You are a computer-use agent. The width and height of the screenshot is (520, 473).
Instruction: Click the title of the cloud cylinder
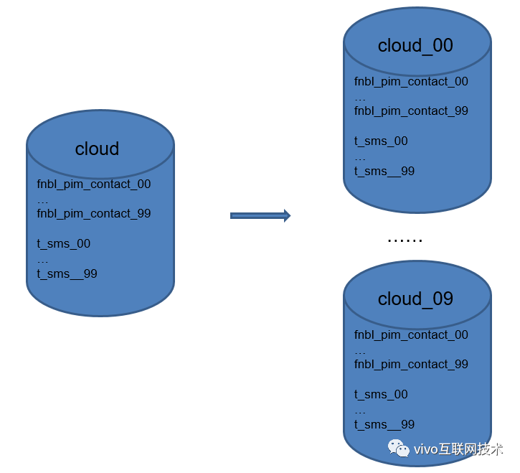[x=97, y=149]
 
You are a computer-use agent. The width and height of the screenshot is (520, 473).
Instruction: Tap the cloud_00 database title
[x=415, y=45]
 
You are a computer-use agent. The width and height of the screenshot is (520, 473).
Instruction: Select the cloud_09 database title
[x=415, y=299]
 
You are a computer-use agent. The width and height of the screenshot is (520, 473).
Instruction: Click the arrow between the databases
[x=260, y=215]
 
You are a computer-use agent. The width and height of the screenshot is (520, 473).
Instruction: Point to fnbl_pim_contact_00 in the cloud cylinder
[x=94, y=184]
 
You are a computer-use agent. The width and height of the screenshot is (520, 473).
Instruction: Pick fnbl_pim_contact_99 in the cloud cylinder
[x=94, y=214]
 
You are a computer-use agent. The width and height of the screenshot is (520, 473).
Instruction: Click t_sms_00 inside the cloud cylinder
[x=64, y=244]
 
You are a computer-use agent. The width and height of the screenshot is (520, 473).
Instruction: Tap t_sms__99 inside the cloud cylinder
[x=67, y=274]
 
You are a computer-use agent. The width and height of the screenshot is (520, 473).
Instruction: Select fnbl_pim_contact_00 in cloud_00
[x=411, y=82]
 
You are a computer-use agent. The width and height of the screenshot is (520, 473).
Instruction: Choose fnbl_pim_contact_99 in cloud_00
[x=411, y=111]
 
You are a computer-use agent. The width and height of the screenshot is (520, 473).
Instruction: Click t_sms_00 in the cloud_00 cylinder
[x=381, y=141]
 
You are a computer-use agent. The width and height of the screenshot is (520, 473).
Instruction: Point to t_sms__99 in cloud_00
[x=384, y=172]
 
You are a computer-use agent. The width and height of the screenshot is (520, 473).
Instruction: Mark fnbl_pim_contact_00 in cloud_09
[x=411, y=335]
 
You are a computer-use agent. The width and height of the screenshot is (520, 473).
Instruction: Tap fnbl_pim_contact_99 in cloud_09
[x=411, y=365]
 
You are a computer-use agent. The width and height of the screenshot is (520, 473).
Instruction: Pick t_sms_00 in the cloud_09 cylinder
[x=381, y=395]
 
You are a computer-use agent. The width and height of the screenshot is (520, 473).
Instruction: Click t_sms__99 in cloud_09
[x=384, y=425]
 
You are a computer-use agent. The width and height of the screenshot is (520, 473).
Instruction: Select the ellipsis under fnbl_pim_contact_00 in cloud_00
[x=360, y=98]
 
